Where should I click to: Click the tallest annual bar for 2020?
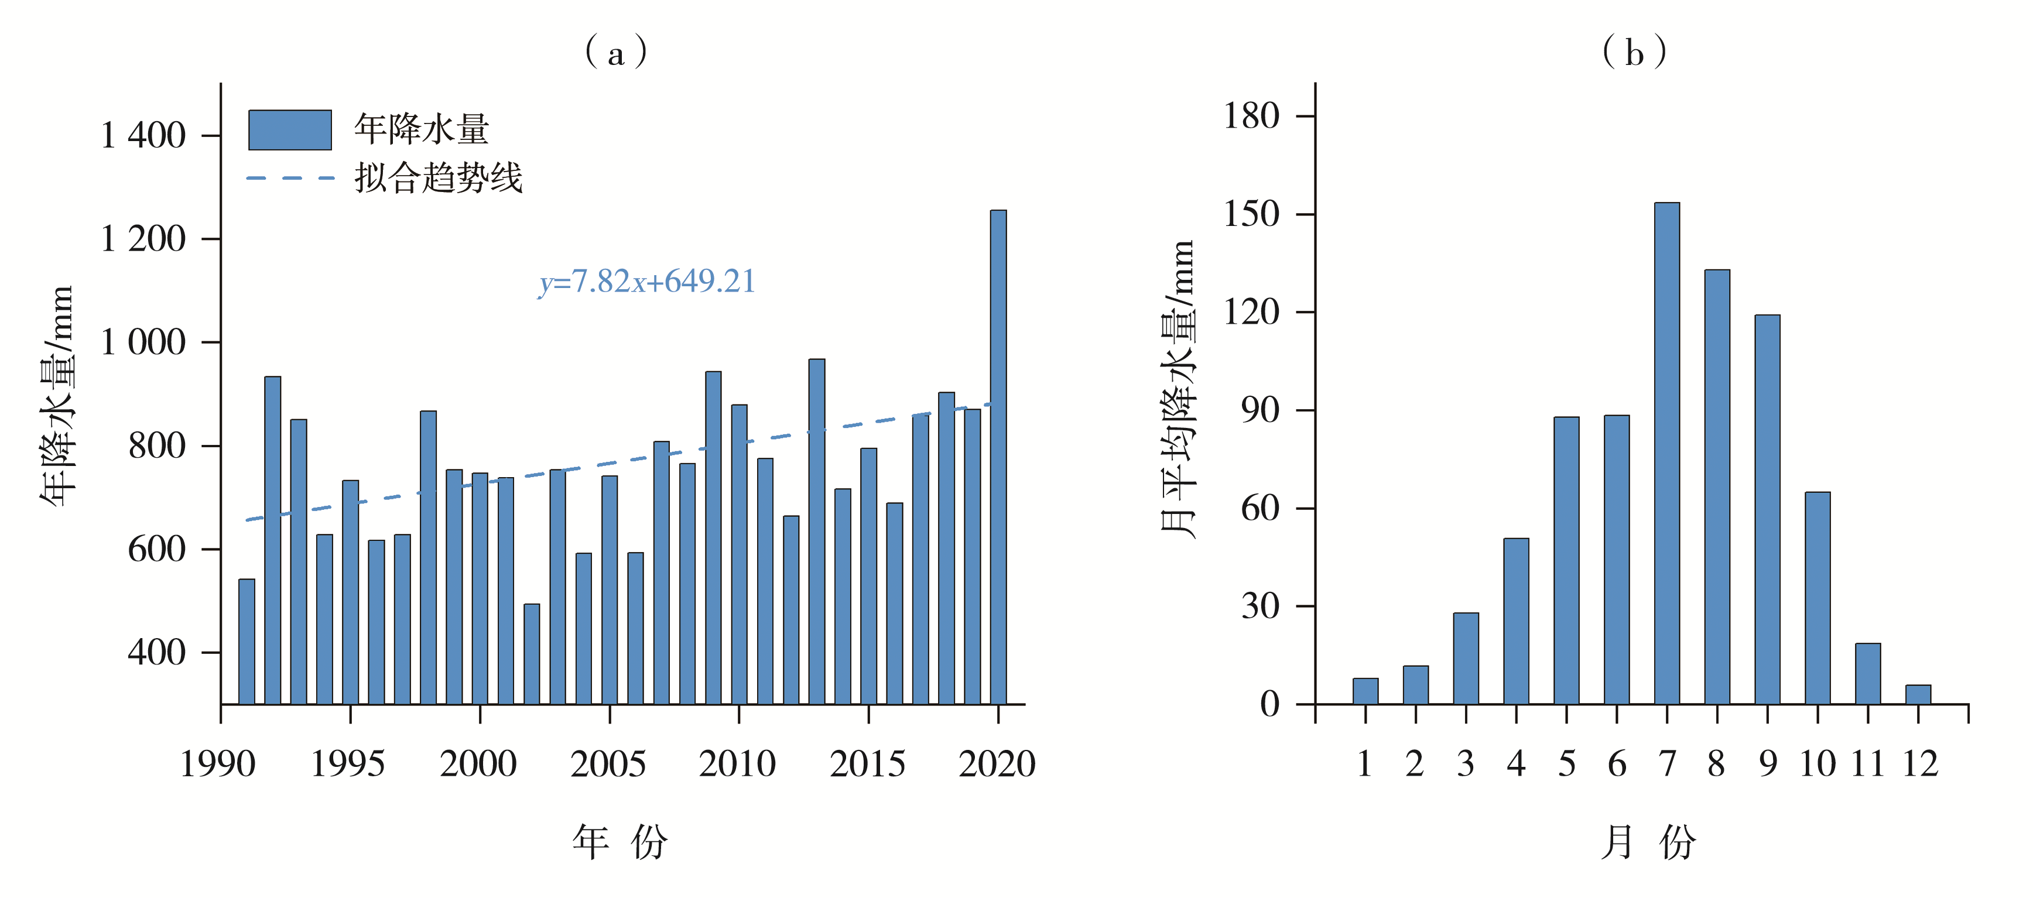[998, 458]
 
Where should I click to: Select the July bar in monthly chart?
[1667, 454]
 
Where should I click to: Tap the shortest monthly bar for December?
[1918, 694]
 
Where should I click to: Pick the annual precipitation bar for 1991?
[247, 642]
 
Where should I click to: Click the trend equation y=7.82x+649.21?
[647, 282]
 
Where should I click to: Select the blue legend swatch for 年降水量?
[290, 130]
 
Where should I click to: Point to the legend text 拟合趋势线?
[438, 177]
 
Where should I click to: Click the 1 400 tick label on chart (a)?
[143, 136]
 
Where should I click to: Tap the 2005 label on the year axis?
[608, 764]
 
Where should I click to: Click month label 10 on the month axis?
[1818, 764]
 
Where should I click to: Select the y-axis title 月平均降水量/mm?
[1178, 390]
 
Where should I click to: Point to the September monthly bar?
[1767, 509]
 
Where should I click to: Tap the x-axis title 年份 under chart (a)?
[620, 842]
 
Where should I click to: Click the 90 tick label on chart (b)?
[1260, 410]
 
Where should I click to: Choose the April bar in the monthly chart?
[1516, 621]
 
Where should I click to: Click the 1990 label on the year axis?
[218, 764]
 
